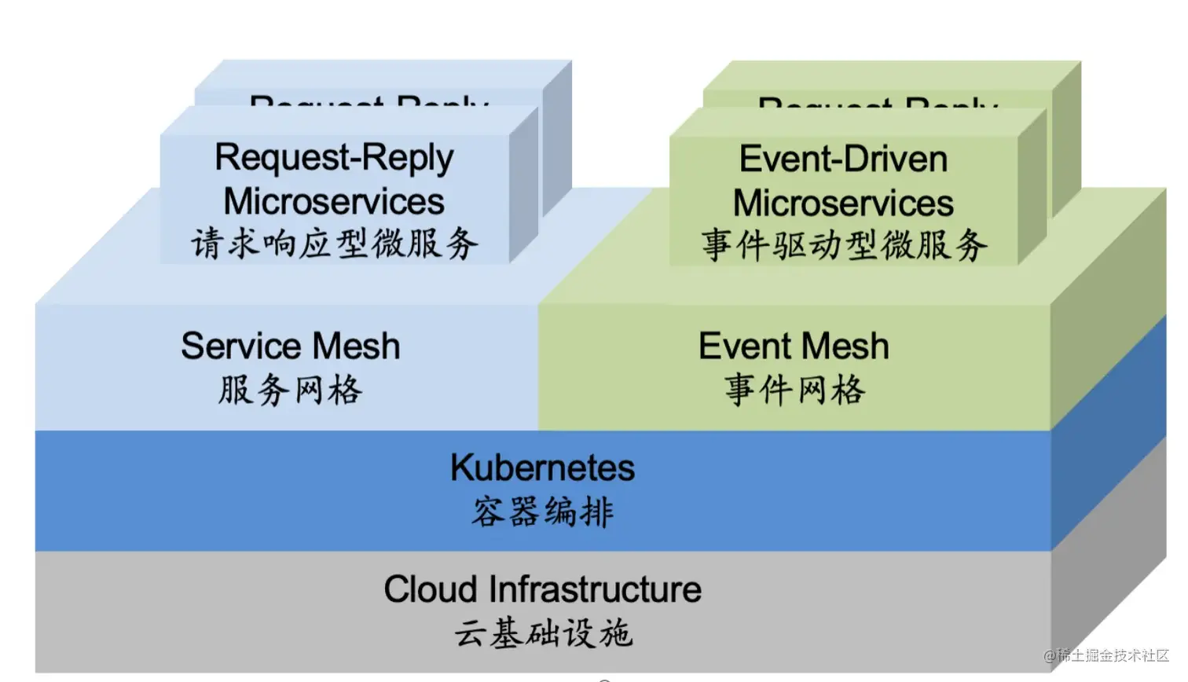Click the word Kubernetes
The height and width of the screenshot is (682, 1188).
click(x=542, y=468)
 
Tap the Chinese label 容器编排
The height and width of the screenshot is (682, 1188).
click(x=542, y=512)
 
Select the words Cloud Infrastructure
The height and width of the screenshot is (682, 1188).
click(x=542, y=589)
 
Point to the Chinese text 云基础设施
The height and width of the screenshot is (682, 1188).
click(x=542, y=633)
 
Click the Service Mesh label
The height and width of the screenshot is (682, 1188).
click(x=290, y=346)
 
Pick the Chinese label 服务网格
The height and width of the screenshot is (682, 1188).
click(x=290, y=390)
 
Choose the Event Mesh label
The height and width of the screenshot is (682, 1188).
click(x=794, y=346)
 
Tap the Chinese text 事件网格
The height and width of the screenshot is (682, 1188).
click(x=794, y=390)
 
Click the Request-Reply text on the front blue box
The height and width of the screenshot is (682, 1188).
click(x=334, y=158)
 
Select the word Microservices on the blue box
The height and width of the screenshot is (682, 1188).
click(x=334, y=201)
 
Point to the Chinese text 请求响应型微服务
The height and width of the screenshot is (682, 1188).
click(x=334, y=244)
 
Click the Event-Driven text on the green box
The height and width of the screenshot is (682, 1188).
click(x=843, y=159)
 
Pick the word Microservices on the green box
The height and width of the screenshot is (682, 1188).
click(x=843, y=203)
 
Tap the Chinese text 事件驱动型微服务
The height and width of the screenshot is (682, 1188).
click(x=843, y=245)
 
